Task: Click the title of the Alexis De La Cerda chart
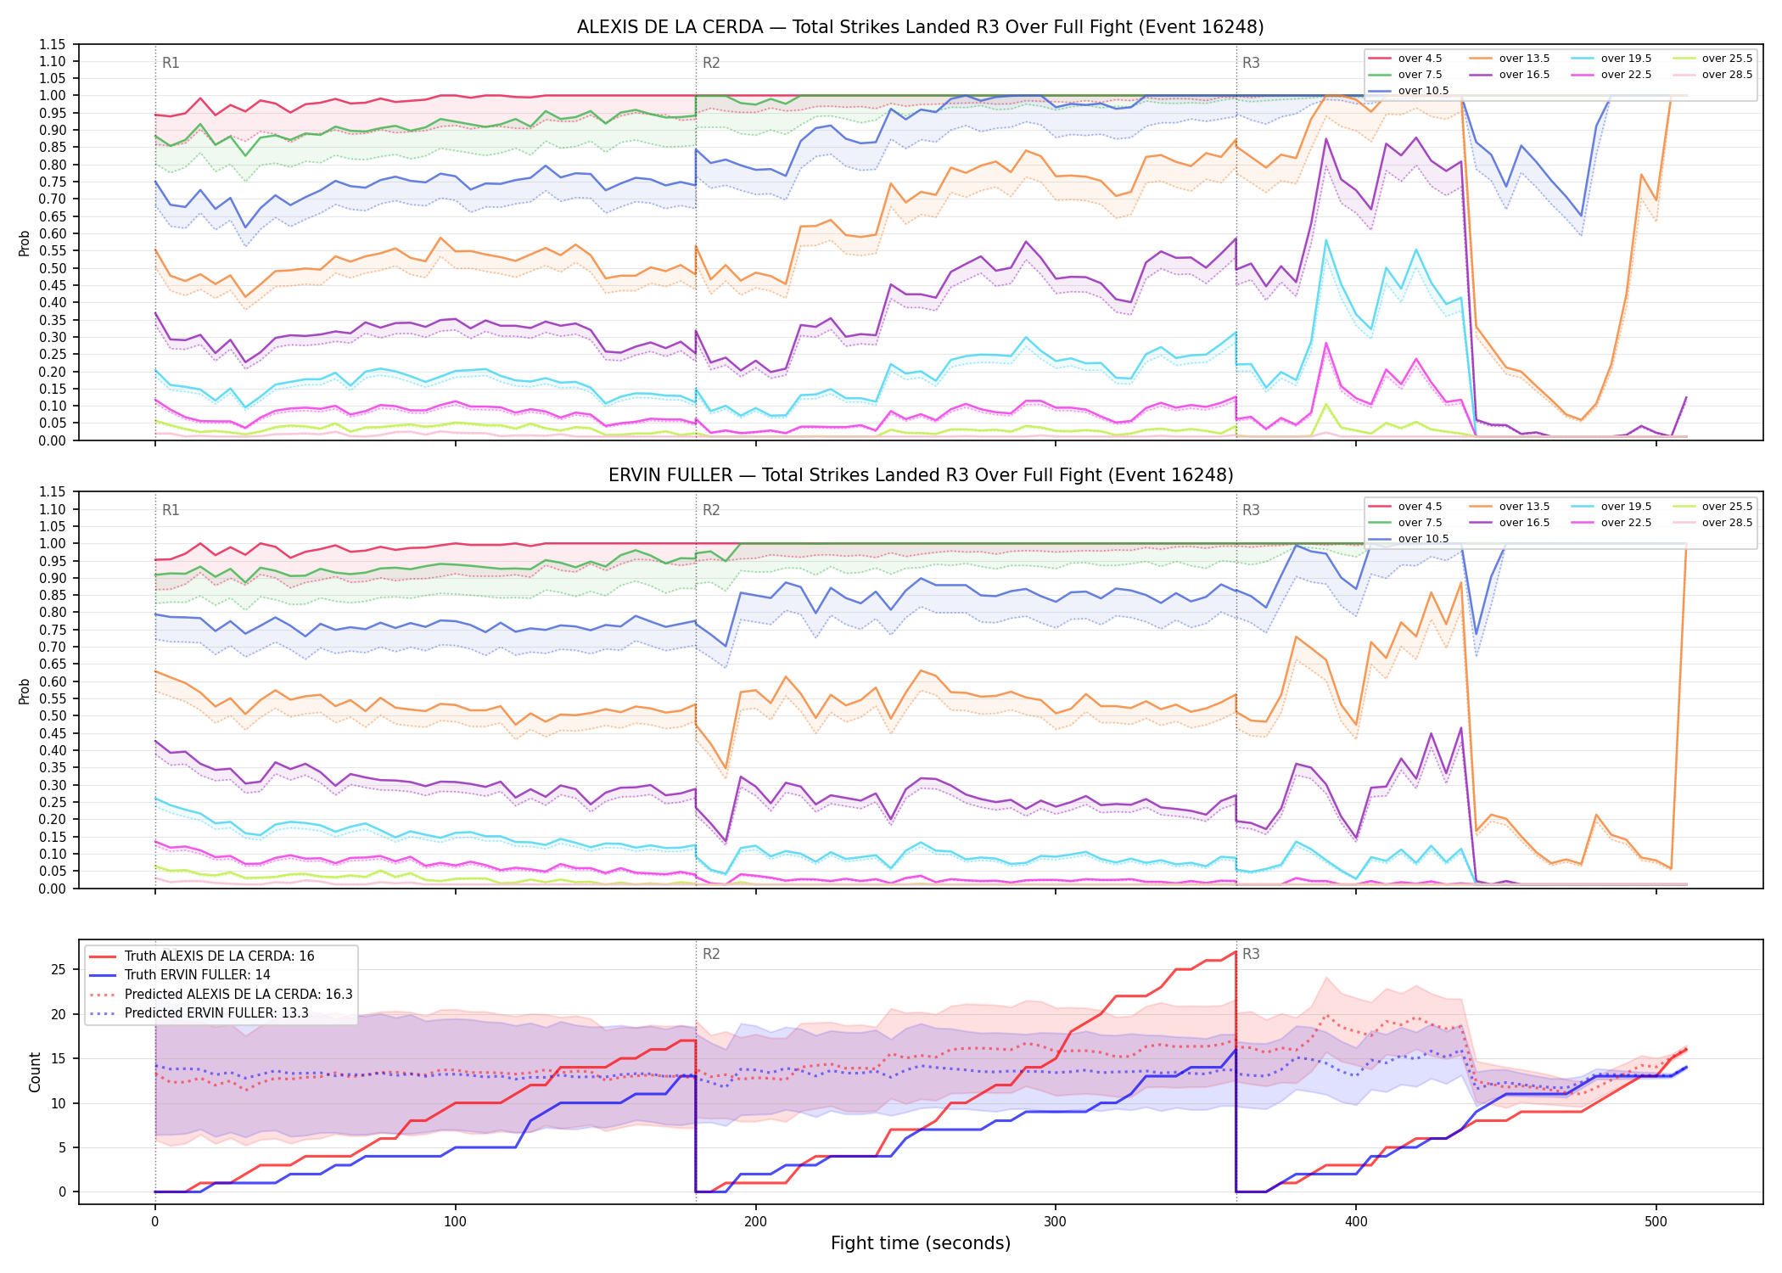coord(920,27)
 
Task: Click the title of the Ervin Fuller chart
coord(921,475)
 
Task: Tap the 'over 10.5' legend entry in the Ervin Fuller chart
coord(1408,539)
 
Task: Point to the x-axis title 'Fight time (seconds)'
coord(921,1243)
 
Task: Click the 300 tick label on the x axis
coord(1056,1222)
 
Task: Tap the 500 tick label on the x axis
coord(1656,1222)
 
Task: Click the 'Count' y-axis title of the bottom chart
coord(35,1072)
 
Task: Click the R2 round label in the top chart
coord(711,63)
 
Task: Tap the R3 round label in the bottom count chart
coord(1251,954)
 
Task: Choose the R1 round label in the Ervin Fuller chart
coord(171,510)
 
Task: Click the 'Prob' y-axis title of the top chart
coord(24,243)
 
